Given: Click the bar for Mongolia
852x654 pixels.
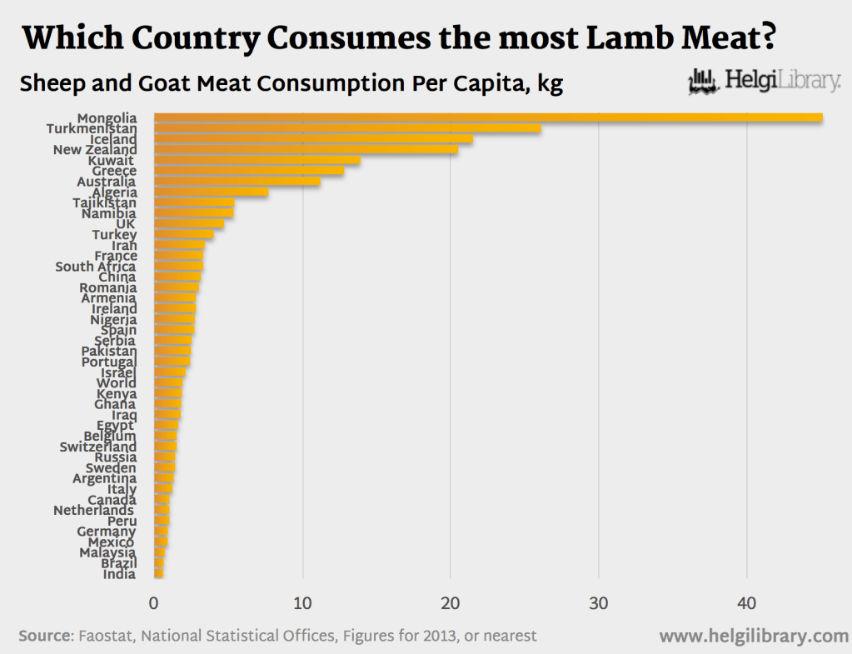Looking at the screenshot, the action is coord(489,118).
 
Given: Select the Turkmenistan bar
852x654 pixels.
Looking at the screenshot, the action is coord(348,128).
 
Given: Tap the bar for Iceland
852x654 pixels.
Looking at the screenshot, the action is coord(313,139).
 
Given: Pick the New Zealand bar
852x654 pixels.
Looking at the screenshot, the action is coord(306,149).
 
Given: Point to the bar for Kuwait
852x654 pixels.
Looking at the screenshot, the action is coord(257,160).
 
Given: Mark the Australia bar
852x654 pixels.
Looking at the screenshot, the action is coord(237,182).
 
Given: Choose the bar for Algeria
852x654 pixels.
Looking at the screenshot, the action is coord(212,192).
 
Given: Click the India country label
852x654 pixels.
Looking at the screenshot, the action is coord(120,574).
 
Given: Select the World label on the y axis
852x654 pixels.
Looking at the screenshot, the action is coord(117,383).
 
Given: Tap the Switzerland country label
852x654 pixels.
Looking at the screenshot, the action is coord(97,447).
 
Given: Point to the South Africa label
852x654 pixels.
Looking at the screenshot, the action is coord(96,267).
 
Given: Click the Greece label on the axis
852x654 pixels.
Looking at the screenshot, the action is coord(114,172).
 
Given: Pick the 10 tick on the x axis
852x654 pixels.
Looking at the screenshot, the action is coord(302,603).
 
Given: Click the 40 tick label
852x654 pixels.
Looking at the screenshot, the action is coord(746,603).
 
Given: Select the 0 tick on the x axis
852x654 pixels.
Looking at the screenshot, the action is coord(154,603).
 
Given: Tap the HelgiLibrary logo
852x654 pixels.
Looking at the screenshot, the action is coord(764,82).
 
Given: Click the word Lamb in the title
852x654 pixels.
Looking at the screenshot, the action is coord(630,38).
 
